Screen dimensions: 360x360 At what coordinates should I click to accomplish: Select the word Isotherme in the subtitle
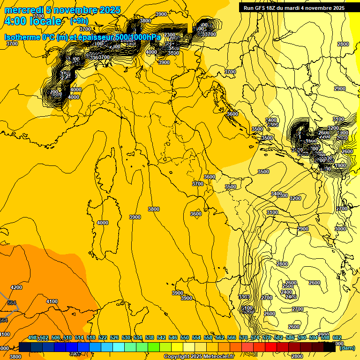[22, 37]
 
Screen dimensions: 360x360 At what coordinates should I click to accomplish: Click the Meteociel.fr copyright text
[199, 356]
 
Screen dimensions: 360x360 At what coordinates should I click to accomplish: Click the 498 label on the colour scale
[32, 338]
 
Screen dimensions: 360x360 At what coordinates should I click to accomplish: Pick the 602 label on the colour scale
[337, 338]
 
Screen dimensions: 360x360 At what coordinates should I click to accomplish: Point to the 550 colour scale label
[185, 338]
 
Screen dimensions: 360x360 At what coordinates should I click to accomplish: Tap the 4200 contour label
[16, 287]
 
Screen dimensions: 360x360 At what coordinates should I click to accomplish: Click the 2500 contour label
[287, 286]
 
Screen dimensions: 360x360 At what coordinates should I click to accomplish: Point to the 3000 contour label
[341, 229]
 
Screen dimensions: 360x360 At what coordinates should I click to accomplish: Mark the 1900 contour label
[341, 165]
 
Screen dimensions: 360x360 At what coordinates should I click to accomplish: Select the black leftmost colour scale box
[25, 347]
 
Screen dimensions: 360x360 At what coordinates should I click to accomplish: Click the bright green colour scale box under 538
[154, 347]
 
